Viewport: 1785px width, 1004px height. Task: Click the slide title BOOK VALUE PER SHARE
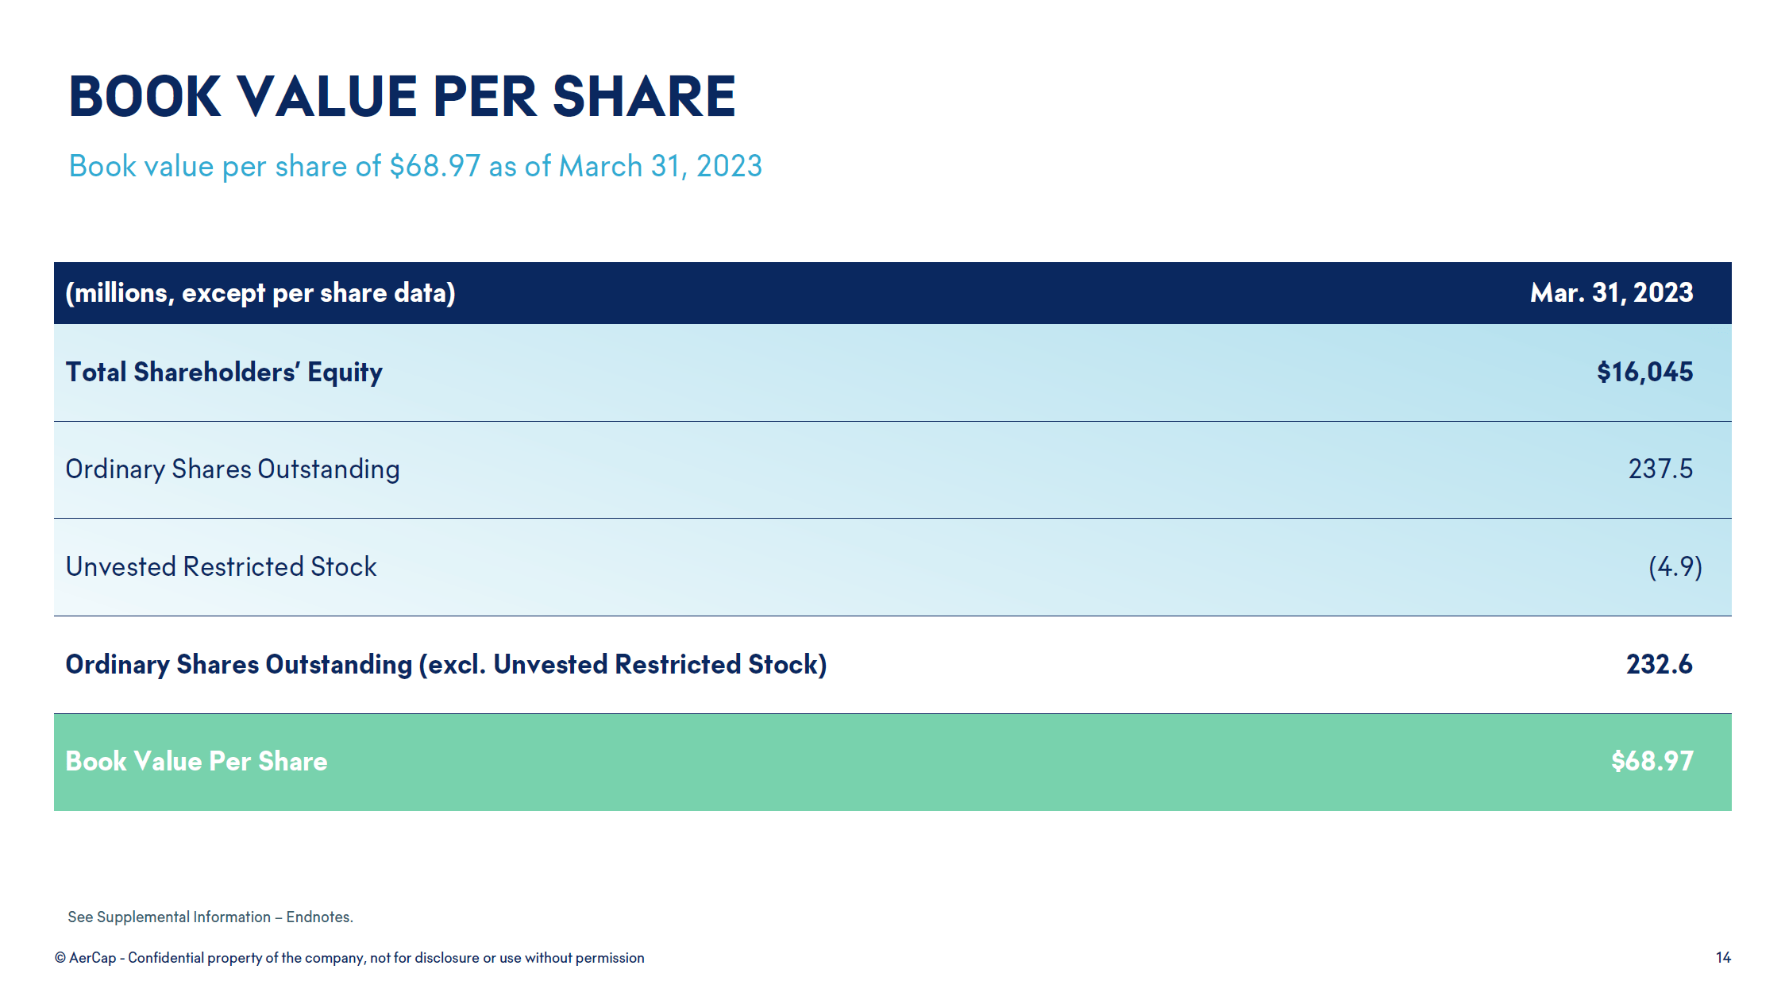tap(402, 97)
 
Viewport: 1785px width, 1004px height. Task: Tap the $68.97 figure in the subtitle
tap(435, 166)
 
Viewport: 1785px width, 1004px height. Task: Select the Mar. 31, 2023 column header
tap(1611, 292)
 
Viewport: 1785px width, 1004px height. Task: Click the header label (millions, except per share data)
tap(260, 293)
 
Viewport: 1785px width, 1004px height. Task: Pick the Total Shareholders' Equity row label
tap(224, 372)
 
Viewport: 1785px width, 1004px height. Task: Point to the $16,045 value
tap(1644, 372)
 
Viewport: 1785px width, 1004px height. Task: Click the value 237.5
tap(1660, 469)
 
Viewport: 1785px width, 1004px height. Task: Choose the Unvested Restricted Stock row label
tap(221, 566)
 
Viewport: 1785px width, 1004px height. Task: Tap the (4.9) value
tap(1675, 566)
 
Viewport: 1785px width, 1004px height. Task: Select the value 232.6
tap(1659, 664)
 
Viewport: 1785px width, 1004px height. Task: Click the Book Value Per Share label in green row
tap(196, 761)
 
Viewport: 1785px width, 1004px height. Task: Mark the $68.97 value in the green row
tap(1652, 761)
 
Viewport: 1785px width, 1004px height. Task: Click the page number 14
tap(1722, 957)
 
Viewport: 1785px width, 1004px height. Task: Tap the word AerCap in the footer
tap(93, 958)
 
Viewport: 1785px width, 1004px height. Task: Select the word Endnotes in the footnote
tap(319, 917)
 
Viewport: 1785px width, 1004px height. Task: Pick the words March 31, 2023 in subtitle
tap(660, 166)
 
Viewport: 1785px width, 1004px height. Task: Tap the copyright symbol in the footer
tap(60, 958)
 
